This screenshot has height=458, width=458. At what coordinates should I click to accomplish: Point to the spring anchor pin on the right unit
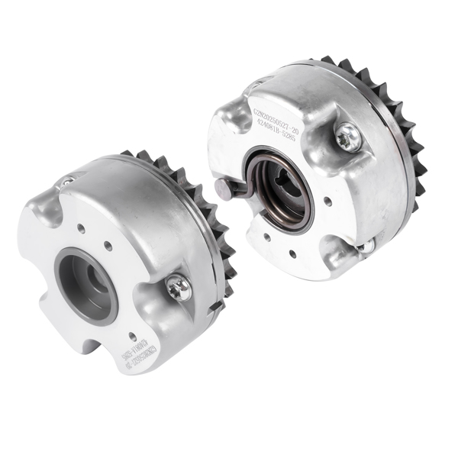(224, 189)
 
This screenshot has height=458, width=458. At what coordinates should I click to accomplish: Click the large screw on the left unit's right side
(179, 287)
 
